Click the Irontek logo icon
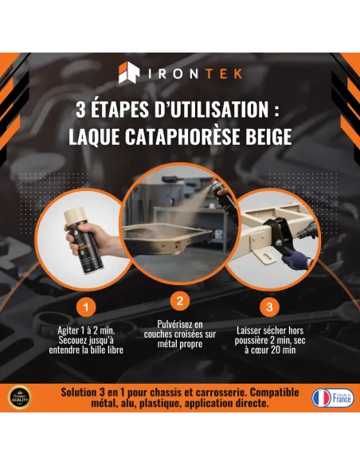129,74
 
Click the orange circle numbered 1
86,307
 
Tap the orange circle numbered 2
180,301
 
